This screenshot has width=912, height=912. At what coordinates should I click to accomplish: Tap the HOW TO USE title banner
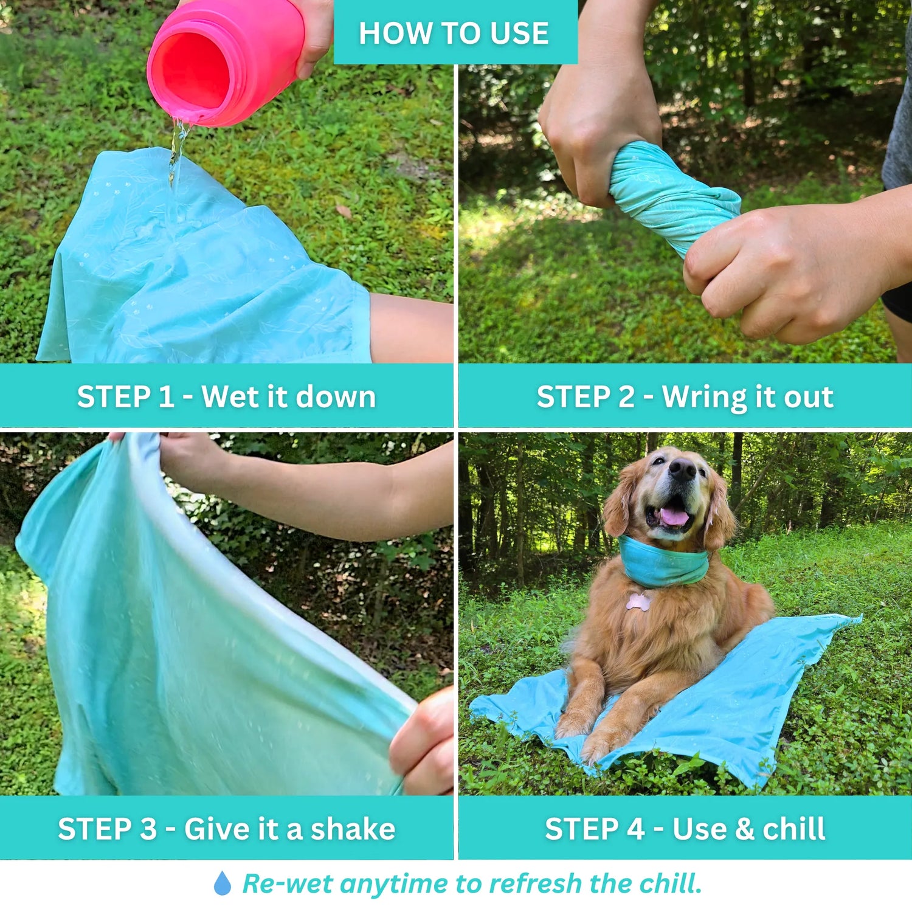455,32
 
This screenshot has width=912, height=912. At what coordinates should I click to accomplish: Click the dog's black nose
682,469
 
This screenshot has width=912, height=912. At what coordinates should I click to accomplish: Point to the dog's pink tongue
674,516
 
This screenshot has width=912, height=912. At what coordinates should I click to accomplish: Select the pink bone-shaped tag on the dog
638,601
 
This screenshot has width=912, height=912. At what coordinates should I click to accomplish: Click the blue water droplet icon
223,883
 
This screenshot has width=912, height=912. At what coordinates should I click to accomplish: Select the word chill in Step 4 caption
794,829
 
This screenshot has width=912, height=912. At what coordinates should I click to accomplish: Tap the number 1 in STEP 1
166,397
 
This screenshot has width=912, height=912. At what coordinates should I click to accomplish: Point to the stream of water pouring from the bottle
177,152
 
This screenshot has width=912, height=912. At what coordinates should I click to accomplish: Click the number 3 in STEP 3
148,829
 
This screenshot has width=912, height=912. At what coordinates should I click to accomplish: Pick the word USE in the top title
519,33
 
